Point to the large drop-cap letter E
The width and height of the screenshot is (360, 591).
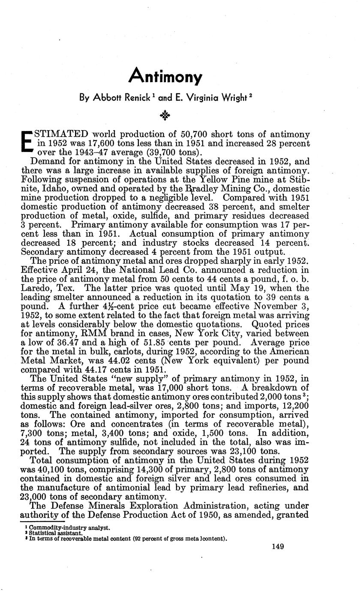click(x=27, y=140)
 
